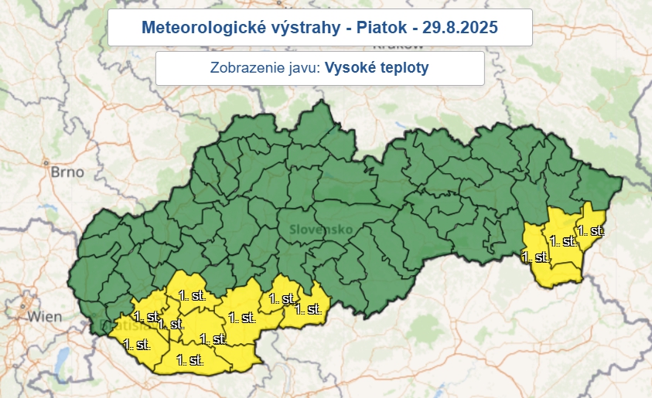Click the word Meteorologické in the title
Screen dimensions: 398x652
[193, 28]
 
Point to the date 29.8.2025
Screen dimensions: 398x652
[461, 28]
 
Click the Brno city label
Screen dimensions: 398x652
[67, 172]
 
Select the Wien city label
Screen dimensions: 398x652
[44, 316]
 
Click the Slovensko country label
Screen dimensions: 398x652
[322, 230]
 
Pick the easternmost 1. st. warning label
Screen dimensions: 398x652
[591, 230]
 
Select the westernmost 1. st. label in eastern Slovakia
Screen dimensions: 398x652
[536, 257]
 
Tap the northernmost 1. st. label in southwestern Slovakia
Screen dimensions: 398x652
[192, 295]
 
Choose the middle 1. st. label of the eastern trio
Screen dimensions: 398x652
[564, 241]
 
